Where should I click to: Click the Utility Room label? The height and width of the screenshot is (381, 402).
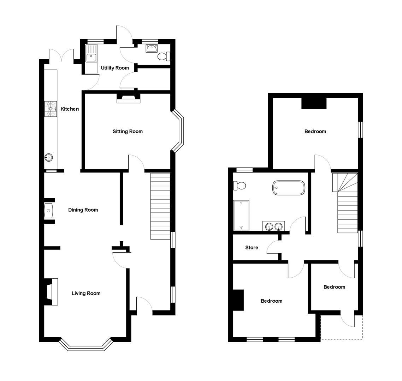coord(115,68)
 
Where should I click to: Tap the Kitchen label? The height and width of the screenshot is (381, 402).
coord(70,109)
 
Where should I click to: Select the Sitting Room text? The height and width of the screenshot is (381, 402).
coord(128,132)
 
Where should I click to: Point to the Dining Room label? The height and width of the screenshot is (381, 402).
coord(83,210)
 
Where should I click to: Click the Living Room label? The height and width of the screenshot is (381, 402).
coord(86,293)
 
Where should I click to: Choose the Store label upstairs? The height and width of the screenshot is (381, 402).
coord(252,248)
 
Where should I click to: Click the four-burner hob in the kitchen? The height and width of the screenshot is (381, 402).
coord(51,109)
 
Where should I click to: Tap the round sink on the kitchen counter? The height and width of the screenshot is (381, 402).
coord(49,157)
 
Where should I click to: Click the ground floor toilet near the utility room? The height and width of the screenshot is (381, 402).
coord(164,56)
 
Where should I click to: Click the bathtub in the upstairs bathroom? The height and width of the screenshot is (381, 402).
coord(288,188)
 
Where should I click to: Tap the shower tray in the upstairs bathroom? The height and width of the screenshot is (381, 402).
coord(241,215)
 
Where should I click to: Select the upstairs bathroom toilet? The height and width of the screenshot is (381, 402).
coord(239,185)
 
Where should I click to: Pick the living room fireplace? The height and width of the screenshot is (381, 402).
coord(51,292)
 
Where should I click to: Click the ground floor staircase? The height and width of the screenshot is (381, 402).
coord(160,206)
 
